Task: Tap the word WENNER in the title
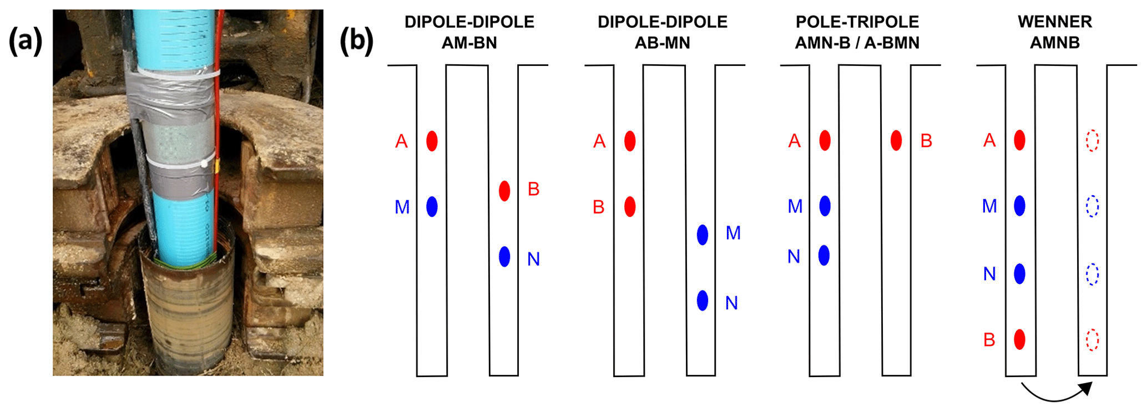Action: coord(1054,22)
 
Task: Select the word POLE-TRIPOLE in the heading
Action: coord(857,22)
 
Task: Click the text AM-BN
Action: coord(469,43)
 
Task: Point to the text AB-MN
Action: coord(662,43)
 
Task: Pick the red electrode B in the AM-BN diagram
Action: coord(504,191)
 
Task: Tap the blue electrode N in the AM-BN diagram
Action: coord(504,257)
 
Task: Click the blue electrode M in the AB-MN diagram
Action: coord(703,235)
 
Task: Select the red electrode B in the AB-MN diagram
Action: coord(630,206)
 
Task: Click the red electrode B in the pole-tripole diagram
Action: coord(896,141)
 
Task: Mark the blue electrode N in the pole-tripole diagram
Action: coord(824,256)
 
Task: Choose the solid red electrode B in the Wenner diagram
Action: coord(1019,339)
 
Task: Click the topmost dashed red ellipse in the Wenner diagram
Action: coord(1092,141)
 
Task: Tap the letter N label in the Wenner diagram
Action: coord(989,274)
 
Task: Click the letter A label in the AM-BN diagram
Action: coord(401,141)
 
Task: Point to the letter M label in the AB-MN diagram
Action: coord(733,233)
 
